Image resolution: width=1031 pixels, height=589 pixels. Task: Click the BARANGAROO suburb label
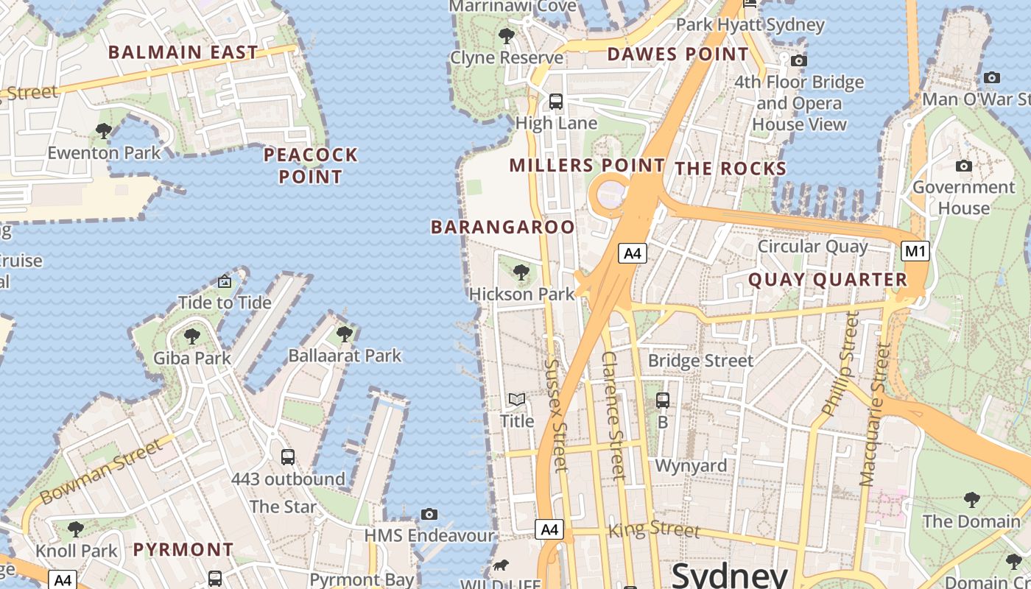(x=502, y=228)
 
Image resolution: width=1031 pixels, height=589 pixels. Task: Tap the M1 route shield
(x=915, y=251)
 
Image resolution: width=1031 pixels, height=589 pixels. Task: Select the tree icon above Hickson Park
(x=521, y=272)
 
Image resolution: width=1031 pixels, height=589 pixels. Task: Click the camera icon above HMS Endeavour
(x=429, y=514)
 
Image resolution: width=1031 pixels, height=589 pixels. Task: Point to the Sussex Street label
(x=557, y=414)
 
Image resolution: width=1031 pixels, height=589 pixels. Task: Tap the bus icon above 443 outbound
(x=288, y=456)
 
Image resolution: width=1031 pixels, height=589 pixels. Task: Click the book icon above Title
(x=517, y=399)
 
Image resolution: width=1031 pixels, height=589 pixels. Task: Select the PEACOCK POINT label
(x=311, y=166)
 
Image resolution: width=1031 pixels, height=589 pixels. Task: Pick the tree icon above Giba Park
(x=192, y=336)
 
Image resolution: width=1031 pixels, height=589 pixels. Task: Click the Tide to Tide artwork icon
(x=225, y=281)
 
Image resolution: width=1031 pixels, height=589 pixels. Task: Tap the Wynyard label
(x=691, y=465)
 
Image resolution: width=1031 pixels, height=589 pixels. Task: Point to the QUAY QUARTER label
(x=828, y=280)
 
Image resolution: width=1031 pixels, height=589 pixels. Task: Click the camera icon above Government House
(x=963, y=166)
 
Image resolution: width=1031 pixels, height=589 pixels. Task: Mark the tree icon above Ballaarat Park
(x=344, y=334)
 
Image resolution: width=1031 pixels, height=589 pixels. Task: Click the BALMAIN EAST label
(x=183, y=52)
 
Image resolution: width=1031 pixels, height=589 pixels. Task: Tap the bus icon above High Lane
(x=556, y=101)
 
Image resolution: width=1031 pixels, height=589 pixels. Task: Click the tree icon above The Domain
(x=972, y=500)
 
